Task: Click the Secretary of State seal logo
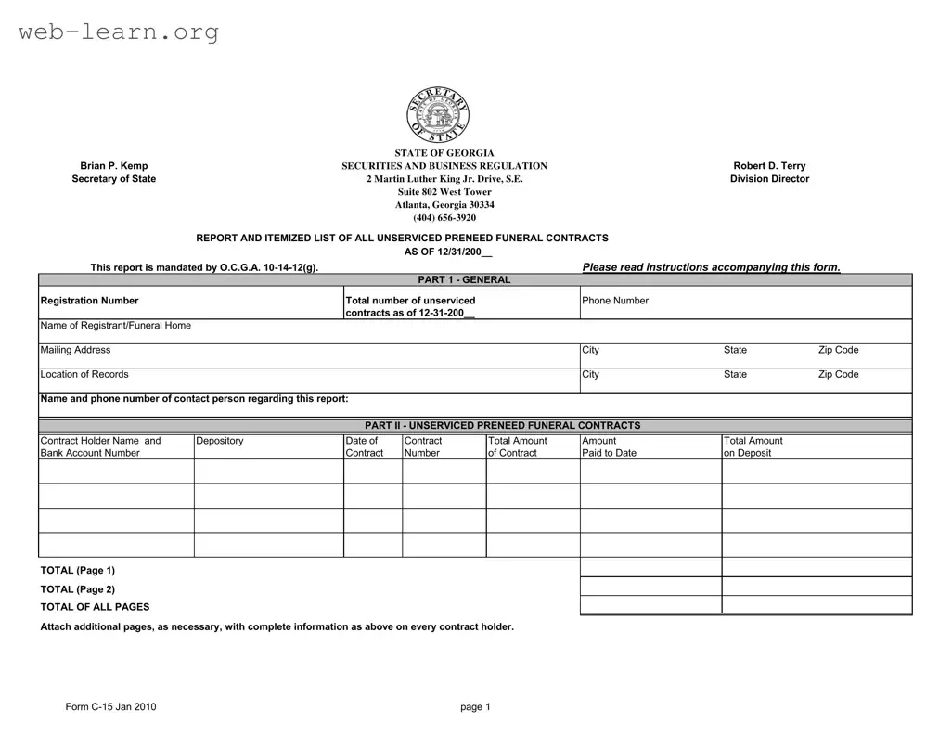[x=438, y=115]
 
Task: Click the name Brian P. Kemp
[x=114, y=166]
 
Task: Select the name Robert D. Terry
[x=769, y=166]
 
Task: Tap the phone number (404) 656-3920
[x=444, y=218]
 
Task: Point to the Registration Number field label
[x=89, y=301]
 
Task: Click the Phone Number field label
[x=615, y=301]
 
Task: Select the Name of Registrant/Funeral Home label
[x=116, y=326]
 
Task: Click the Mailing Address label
[x=75, y=350]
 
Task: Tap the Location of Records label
[x=84, y=374]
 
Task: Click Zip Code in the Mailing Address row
[x=838, y=350]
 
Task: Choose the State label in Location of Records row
[x=735, y=374]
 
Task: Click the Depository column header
[x=220, y=441]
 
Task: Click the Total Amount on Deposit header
[x=753, y=446]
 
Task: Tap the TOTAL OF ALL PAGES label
[x=95, y=607]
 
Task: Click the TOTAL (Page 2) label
[x=78, y=589]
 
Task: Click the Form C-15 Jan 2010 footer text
[x=110, y=707]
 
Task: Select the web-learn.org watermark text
[x=119, y=33]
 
